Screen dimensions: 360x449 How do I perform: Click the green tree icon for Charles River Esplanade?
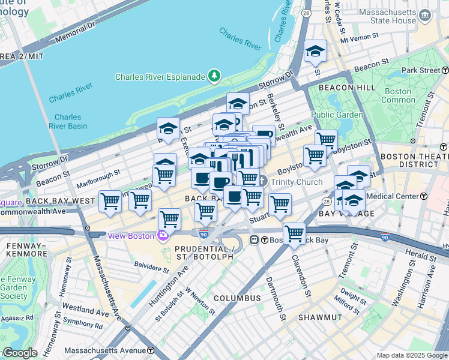[213, 76]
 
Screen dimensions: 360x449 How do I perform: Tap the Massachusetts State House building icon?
[425, 14]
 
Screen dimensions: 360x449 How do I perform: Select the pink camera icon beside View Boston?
[162, 235]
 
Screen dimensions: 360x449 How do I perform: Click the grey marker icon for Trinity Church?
[262, 181]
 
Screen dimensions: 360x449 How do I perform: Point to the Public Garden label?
[337, 115]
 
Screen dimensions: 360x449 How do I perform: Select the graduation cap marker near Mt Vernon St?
[315, 52]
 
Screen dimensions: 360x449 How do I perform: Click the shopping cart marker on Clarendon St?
[294, 233]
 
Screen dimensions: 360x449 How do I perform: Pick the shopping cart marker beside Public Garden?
[326, 140]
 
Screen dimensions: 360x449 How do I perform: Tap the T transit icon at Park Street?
[445, 70]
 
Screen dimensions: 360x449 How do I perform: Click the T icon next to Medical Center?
[424, 196]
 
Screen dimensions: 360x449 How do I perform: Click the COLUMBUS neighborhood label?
[237, 298]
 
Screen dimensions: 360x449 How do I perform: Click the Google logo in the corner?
[19, 353]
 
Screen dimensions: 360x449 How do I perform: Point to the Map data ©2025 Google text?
[412, 355]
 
